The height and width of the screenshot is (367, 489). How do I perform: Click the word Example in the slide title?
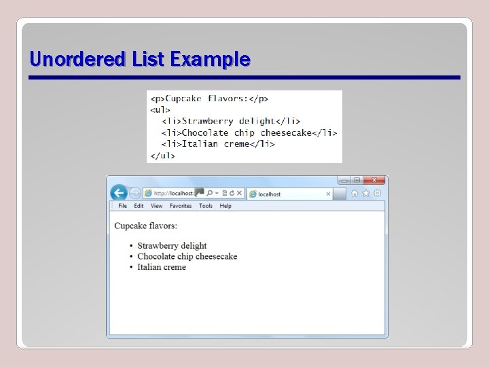coord(210,60)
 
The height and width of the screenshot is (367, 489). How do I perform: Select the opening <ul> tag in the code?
coord(160,110)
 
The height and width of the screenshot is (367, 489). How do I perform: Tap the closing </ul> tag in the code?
coord(162,156)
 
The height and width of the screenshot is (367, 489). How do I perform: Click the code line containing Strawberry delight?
coord(231,121)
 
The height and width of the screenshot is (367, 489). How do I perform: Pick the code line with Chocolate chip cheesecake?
coord(249,133)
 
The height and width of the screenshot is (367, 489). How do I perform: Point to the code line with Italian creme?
coord(218,144)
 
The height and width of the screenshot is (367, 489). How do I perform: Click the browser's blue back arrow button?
coord(119,193)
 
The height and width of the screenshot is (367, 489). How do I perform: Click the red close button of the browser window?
coord(374,180)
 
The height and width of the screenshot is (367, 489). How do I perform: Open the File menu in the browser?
coord(122,206)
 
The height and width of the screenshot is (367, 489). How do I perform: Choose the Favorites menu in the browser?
coord(181,206)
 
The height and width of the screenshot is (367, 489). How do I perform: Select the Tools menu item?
coord(206,206)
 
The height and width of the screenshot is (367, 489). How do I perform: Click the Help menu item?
coord(225,206)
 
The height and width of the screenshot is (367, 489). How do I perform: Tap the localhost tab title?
coord(269,194)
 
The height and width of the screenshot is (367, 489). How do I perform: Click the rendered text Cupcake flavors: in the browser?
coord(145,226)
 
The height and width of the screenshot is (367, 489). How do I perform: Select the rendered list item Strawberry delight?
coord(172,246)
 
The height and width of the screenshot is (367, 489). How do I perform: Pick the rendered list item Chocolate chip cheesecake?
coord(187,257)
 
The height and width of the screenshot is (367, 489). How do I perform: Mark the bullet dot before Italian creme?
coord(131,268)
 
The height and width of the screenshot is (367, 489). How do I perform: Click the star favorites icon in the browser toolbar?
coord(365,194)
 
